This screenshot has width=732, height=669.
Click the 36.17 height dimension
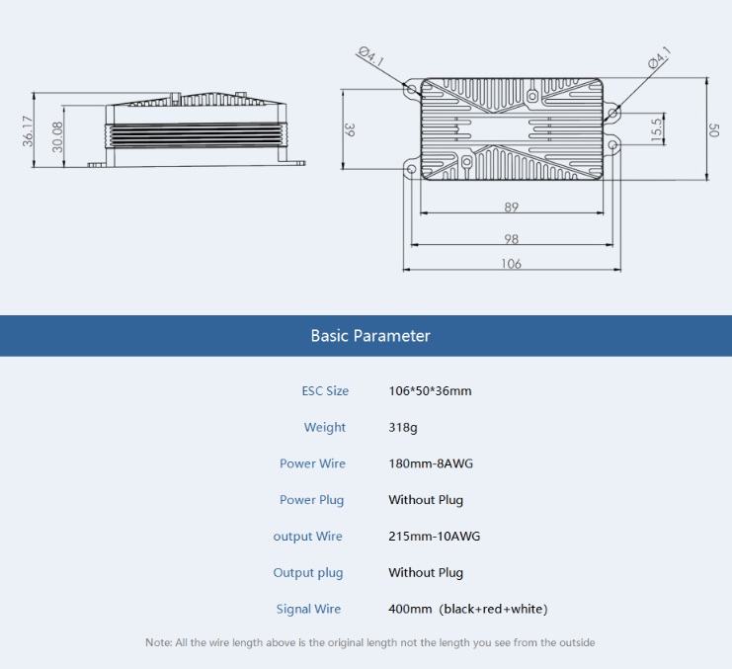coord(28,131)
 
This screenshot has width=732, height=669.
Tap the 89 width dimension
coord(511,208)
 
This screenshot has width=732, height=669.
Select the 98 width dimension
coord(511,239)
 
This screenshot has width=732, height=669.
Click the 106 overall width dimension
coord(511,264)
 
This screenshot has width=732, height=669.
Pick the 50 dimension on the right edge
coord(714,129)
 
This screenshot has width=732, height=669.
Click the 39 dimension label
coord(350,129)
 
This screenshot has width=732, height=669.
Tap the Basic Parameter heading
coord(370,336)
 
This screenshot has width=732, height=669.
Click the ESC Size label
coord(325,391)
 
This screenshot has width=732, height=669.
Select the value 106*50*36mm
coord(430,391)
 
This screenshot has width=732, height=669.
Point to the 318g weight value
coord(402,428)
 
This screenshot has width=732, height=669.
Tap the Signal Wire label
coord(308,610)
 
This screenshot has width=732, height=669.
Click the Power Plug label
coord(311,500)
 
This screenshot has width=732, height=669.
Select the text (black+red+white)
coord(493,610)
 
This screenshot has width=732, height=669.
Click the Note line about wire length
coord(370,643)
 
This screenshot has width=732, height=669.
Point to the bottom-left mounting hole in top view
coord(412,170)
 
